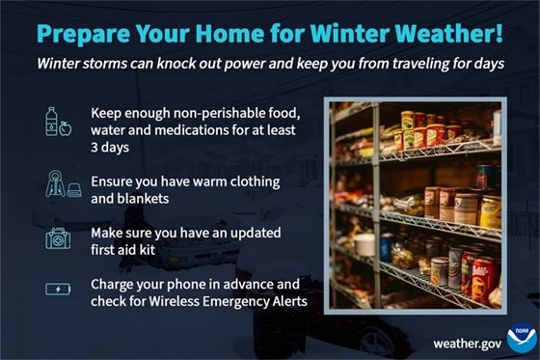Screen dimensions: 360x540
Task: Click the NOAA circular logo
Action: (522, 336)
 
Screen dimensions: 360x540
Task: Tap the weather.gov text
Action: (468, 342)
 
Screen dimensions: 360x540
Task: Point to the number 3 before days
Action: (95, 148)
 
